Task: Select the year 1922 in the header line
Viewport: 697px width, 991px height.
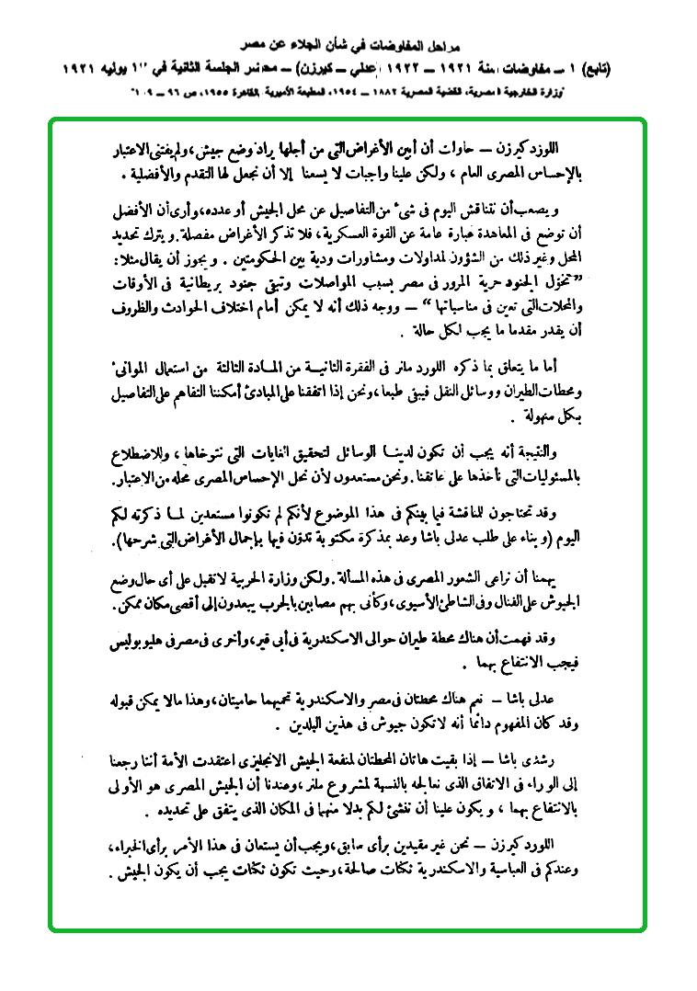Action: (x=225, y=69)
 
